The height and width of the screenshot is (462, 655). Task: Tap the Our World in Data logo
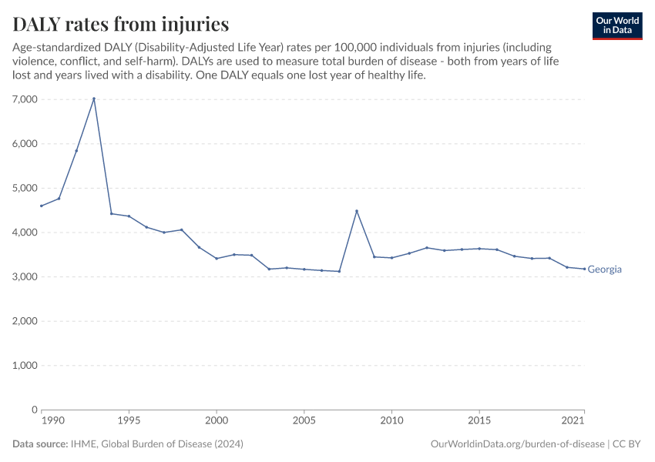(616, 25)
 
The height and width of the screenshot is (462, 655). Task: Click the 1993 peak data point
(94, 99)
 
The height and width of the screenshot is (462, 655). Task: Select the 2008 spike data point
(357, 211)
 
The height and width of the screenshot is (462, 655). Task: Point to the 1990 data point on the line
(42, 206)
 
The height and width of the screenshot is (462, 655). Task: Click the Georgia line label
(604, 269)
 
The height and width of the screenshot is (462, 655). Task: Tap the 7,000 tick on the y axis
(25, 99)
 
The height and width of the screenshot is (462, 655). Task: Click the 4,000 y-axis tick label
(25, 233)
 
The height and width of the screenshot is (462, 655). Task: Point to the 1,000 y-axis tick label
(25, 366)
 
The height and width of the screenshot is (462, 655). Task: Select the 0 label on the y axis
(34, 410)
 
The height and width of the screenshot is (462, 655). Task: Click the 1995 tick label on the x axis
(129, 420)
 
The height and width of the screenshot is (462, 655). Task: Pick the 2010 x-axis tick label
(392, 420)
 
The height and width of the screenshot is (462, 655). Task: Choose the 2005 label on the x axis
(304, 420)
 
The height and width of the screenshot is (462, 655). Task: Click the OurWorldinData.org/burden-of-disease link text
(516, 444)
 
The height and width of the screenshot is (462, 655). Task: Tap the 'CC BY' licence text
(628, 444)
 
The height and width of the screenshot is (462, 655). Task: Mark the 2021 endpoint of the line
(584, 269)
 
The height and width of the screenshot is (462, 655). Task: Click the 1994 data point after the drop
(112, 213)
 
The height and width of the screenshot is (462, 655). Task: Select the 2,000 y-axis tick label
(25, 321)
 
